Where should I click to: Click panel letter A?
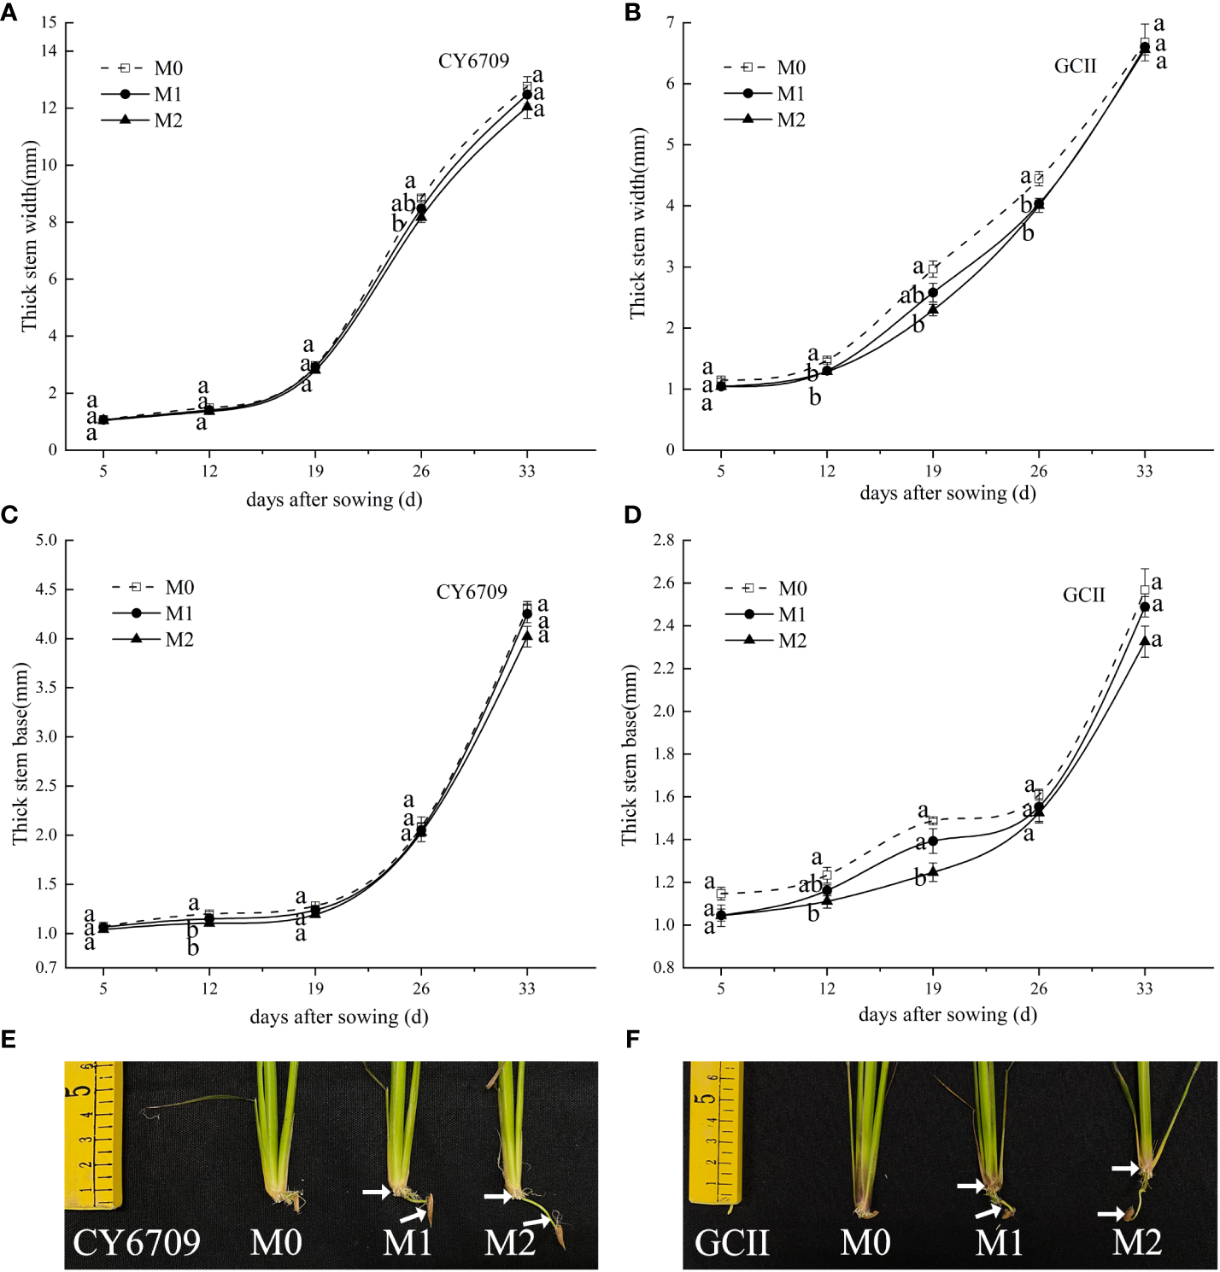click(x=9, y=13)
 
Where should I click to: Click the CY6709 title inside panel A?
click(x=473, y=62)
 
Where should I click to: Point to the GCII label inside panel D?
click(x=1083, y=595)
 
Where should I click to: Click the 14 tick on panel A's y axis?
click(x=49, y=51)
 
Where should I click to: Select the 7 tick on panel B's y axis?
click(x=671, y=23)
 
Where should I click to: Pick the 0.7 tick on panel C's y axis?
click(x=46, y=968)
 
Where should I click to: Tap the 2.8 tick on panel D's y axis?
click(x=663, y=541)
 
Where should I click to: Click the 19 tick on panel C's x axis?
click(x=315, y=989)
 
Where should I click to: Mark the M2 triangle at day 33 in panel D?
click(x=1145, y=641)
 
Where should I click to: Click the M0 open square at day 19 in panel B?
click(x=933, y=268)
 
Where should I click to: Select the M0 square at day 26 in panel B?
click(x=1039, y=179)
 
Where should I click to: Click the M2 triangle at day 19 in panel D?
click(x=933, y=871)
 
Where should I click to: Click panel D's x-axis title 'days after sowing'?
click(x=947, y=1015)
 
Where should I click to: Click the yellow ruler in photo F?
click(x=716, y=1131)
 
